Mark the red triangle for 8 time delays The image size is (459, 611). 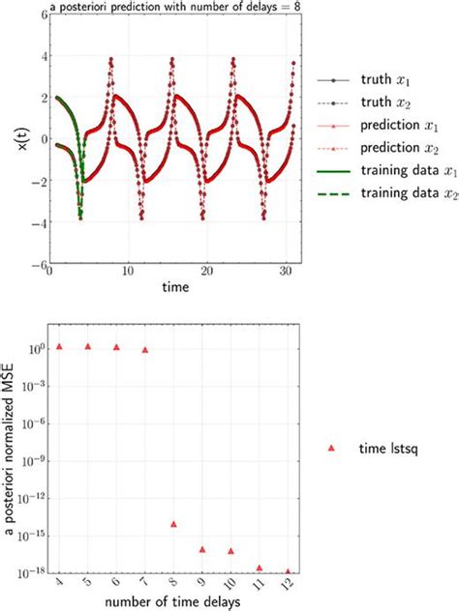click(173, 524)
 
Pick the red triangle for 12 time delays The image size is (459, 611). click(287, 571)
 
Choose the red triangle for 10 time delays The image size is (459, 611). click(230, 551)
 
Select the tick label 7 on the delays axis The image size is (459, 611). click(144, 584)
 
